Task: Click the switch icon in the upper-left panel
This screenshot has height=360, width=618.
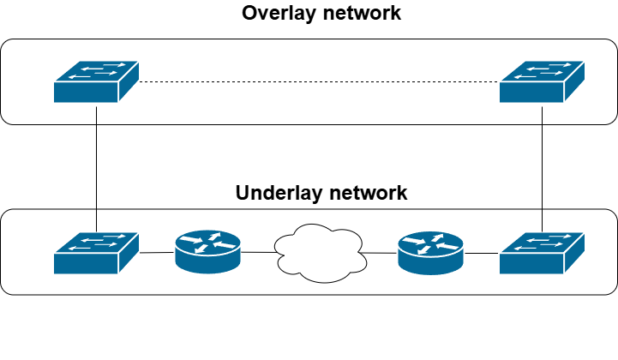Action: click(x=96, y=81)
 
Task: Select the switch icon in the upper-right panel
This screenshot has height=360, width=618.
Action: click(x=543, y=81)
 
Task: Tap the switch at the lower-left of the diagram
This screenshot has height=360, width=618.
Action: click(x=96, y=253)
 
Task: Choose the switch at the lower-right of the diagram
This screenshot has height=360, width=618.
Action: click(x=543, y=253)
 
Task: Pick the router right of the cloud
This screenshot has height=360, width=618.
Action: click(x=431, y=251)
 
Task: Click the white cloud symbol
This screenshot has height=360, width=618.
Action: click(x=320, y=250)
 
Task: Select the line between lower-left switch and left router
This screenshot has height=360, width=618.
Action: click(x=157, y=253)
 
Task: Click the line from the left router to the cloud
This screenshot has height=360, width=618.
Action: click(x=259, y=252)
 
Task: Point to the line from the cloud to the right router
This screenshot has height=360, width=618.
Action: click(x=381, y=252)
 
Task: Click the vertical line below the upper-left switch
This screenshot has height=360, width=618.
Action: click(x=97, y=114)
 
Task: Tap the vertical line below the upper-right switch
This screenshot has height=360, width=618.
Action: click(x=543, y=114)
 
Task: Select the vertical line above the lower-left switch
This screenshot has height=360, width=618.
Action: click(x=97, y=219)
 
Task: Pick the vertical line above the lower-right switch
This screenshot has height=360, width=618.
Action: click(x=543, y=219)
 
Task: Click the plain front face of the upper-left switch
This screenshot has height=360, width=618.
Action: click(x=86, y=92)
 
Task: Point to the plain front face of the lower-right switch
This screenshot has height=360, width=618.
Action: click(x=532, y=263)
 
